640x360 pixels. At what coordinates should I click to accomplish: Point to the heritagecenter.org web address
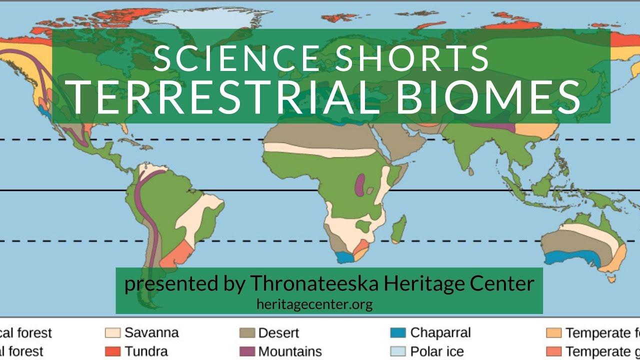(x=314, y=303)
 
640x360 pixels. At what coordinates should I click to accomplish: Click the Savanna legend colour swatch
(x=112, y=333)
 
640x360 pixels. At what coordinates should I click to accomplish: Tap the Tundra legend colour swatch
(x=112, y=351)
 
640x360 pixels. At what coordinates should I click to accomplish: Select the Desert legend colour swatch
(x=247, y=333)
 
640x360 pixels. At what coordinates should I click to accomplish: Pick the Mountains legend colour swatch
(x=247, y=351)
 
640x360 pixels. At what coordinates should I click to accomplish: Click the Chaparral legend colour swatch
(x=398, y=333)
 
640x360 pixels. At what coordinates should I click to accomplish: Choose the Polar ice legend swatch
(x=398, y=351)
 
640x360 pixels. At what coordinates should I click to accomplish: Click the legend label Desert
(x=278, y=333)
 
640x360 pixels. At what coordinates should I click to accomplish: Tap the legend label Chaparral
(x=440, y=333)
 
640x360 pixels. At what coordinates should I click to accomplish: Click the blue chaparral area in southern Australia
(x=570, y=258)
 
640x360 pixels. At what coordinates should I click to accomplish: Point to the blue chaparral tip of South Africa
(x=344, y=257)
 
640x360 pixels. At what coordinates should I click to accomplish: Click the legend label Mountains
(x=290, y=351)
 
